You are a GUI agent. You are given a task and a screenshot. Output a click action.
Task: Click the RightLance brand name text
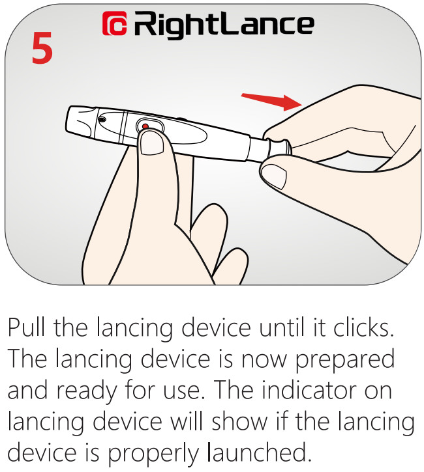[x=224, y=24]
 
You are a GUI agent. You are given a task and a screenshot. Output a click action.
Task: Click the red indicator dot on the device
[x=145, y=126]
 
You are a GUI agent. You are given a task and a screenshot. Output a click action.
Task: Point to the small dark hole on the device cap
[x=102, y=120]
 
